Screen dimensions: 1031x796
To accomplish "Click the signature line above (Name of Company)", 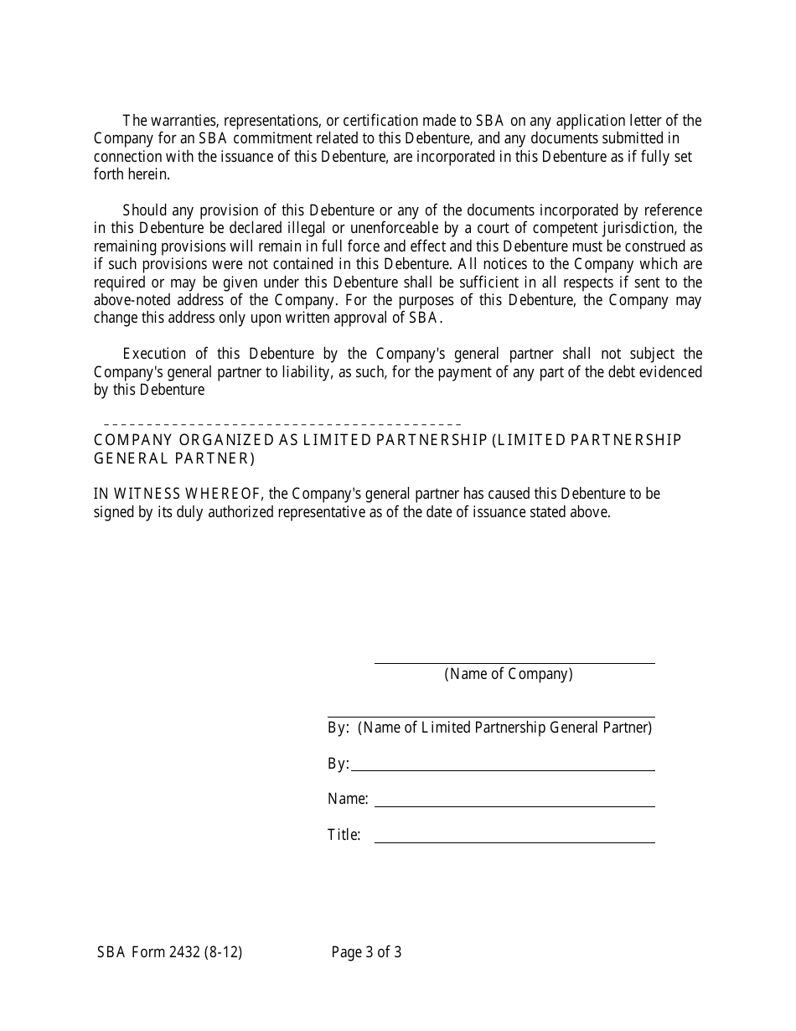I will pyautogui.click(x=514, y=663).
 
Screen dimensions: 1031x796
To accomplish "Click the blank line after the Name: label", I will pyautogui.click(x=514, y=806).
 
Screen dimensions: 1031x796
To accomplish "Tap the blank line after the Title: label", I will pyautogui.click(x=514, y=842).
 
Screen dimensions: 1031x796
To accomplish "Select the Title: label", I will pyautogui.click(x=344, y=835).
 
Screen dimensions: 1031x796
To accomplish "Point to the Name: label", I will pyautogui.click(x=348, y=799).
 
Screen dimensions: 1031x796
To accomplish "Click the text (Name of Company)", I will pyautogui.click(x=509, y=674).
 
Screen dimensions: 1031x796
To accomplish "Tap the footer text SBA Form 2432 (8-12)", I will pyautogui.click(x=170, y=952).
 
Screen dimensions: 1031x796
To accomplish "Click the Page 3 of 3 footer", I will pyautogui.click(x=366, y=952).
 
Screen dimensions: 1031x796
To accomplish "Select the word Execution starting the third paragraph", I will pyautogui.click(x=152, y=354).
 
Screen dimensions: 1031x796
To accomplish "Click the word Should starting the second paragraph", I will pyautogui.click(x=144, y=210).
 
